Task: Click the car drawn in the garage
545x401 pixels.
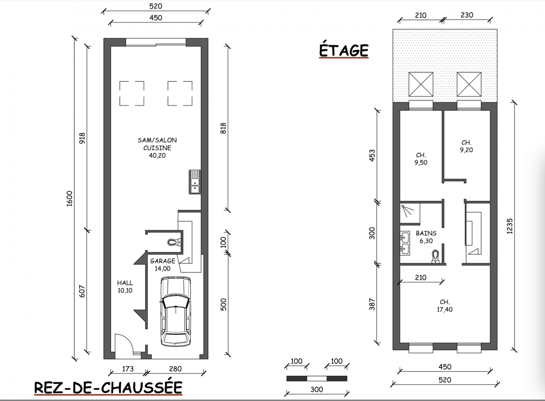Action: [x=176, y=311]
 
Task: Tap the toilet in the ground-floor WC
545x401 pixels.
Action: [x=174, y=242]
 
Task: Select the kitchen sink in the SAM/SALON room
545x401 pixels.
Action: [x=195, y=182]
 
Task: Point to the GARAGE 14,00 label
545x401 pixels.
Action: [x=163, y=265]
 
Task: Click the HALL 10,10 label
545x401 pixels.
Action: [x=125, y=287]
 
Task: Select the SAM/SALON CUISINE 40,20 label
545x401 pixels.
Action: [x=157, y=148]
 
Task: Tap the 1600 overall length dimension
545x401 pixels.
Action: [x=70, y=199]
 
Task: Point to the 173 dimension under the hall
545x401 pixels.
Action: [x=128, y=369]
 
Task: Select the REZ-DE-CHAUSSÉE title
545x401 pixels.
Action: [x=108, y=388]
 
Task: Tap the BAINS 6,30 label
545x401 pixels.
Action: [x=426, y=237]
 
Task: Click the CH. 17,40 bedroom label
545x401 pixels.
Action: [x=445, y=306]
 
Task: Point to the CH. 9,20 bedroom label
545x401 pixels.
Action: [x=467, y=146]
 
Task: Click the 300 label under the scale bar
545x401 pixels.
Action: [x=317, y=390]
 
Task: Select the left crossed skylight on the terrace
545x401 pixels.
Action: [x=421, y=84]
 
